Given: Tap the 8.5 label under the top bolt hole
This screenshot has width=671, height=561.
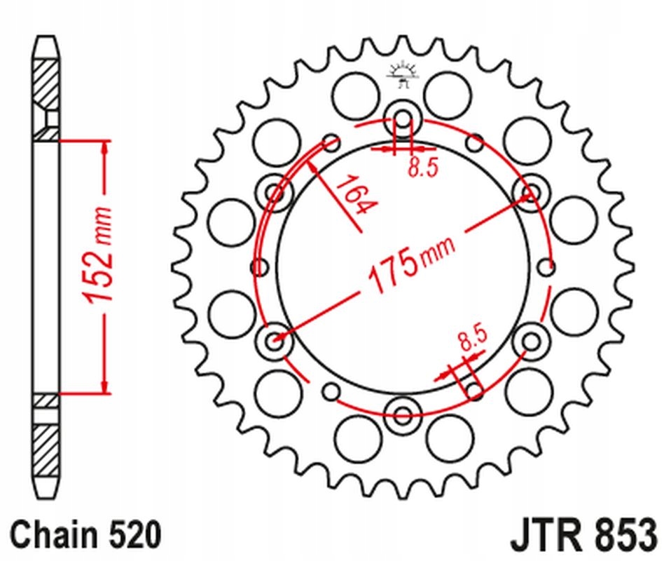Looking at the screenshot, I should (x=422, y=168).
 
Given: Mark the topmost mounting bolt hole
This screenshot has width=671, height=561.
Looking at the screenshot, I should (x=403, y=117).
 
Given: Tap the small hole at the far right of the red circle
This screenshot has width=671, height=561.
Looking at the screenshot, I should (x=548, y=266).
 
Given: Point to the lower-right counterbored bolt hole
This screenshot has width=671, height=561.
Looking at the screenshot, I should (x=532, y=341).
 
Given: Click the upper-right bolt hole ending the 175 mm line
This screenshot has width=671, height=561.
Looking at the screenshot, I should (x=532, y=191).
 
